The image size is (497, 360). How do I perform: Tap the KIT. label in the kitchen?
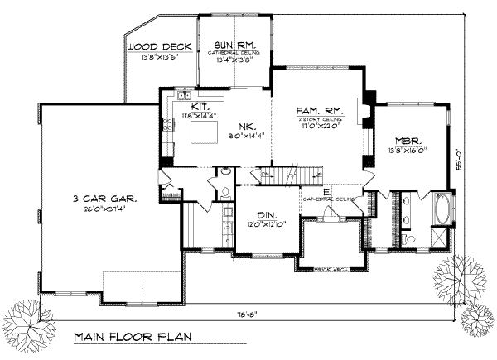200,107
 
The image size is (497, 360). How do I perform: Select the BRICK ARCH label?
334,270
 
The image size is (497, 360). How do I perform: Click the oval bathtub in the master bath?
441,208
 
